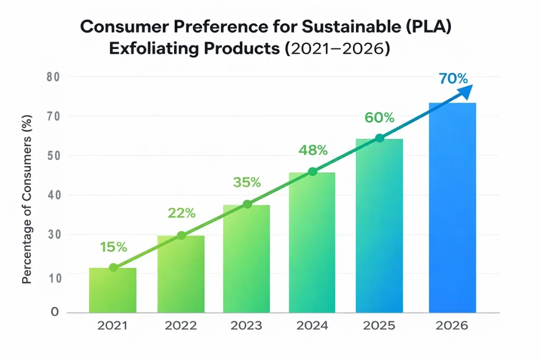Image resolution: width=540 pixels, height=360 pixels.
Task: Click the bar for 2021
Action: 113,291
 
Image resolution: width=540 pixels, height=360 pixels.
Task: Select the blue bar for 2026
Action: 452,208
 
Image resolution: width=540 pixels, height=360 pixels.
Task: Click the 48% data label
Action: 313,150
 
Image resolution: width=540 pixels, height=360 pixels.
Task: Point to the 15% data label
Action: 113,246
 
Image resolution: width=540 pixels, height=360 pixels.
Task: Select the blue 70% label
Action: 453,79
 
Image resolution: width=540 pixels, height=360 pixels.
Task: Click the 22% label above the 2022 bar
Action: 181,213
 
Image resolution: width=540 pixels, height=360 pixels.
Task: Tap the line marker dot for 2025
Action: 380,138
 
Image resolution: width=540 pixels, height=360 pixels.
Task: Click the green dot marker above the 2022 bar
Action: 181,236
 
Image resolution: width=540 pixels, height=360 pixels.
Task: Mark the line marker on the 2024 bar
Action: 312,171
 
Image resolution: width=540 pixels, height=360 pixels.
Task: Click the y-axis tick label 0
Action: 54,312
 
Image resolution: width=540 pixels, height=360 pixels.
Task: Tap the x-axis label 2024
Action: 312,326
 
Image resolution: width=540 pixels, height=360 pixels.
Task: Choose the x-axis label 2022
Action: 181,326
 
